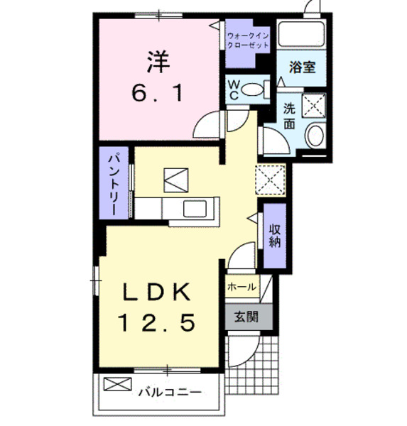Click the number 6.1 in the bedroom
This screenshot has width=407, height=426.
pyautogui.click(x=158, y=92)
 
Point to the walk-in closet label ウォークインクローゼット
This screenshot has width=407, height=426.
pyautogui.click(x=248, y=40)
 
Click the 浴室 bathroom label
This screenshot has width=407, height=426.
pyautogui.click(x=302, y=67)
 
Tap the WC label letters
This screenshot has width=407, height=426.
pyautogui.click(x=234, y=89)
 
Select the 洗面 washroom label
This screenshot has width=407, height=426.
pyautogui.click(x=290, y=116)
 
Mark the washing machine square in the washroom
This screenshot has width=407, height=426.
pyautogui.click(x=313, y=105)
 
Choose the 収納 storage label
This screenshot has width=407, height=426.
pyautogui.click(x=274, y=234)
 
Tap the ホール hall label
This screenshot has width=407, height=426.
pyautogui.click(x=242, y=287)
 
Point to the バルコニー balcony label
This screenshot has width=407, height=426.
pyautogui.click(x=169, y=390)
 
